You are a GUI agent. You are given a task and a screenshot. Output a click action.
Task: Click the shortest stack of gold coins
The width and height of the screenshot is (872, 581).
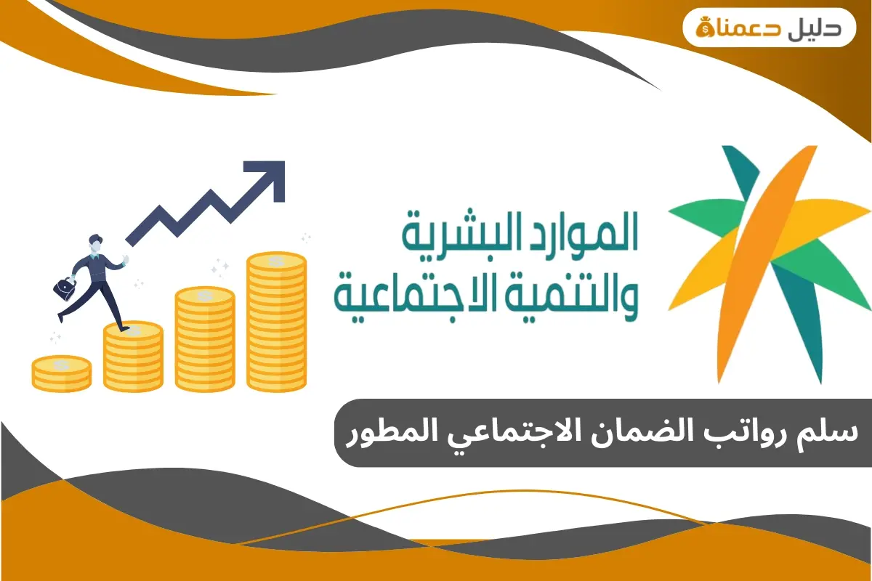[x=62, y=373]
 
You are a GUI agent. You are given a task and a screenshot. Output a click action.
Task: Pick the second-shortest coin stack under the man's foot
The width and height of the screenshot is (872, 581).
[x=133, y=356]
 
